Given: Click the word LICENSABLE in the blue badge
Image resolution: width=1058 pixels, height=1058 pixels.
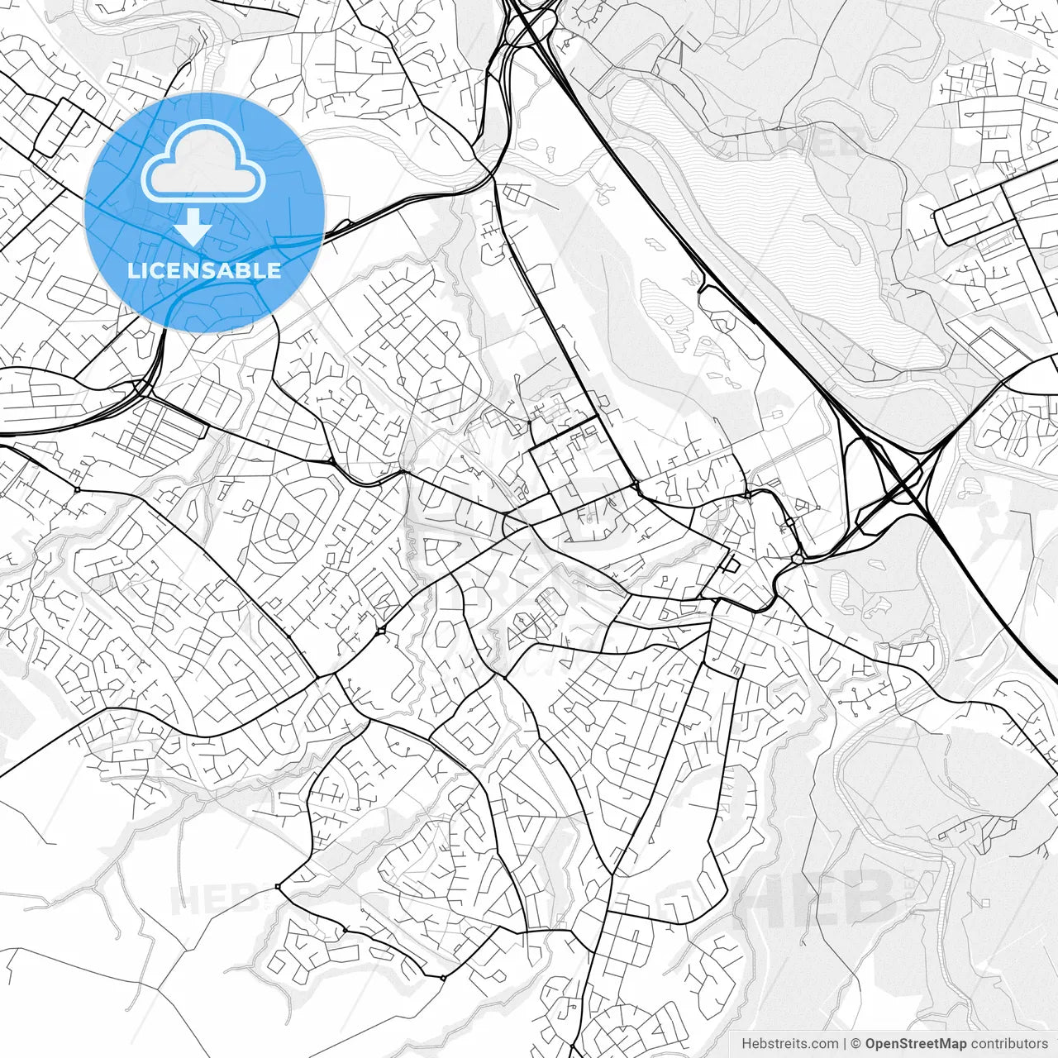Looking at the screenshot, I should (x=204, y=270).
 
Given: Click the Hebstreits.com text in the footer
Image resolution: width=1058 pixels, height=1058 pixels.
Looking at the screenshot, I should (x=789, y=1044).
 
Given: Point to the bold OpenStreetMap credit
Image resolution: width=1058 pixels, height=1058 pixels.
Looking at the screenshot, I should (x=917, y=1044).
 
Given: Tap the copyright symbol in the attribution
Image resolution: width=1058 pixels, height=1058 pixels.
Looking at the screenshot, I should (x=856, y=1044).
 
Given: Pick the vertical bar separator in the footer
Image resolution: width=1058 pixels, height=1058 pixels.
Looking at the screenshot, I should (x=845, y=1044).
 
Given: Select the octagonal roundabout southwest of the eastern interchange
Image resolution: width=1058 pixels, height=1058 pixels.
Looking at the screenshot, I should (x=797, y=559).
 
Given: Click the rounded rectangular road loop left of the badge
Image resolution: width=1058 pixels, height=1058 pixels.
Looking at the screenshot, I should (x=58, y=128).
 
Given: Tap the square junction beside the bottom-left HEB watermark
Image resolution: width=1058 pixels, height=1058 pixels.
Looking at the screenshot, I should (x=278, y=887).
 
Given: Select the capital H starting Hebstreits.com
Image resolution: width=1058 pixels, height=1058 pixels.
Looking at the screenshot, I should (x=746, y=1044).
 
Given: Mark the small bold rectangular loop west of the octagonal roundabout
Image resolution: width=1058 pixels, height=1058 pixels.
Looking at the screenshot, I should (x=731, y=565).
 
